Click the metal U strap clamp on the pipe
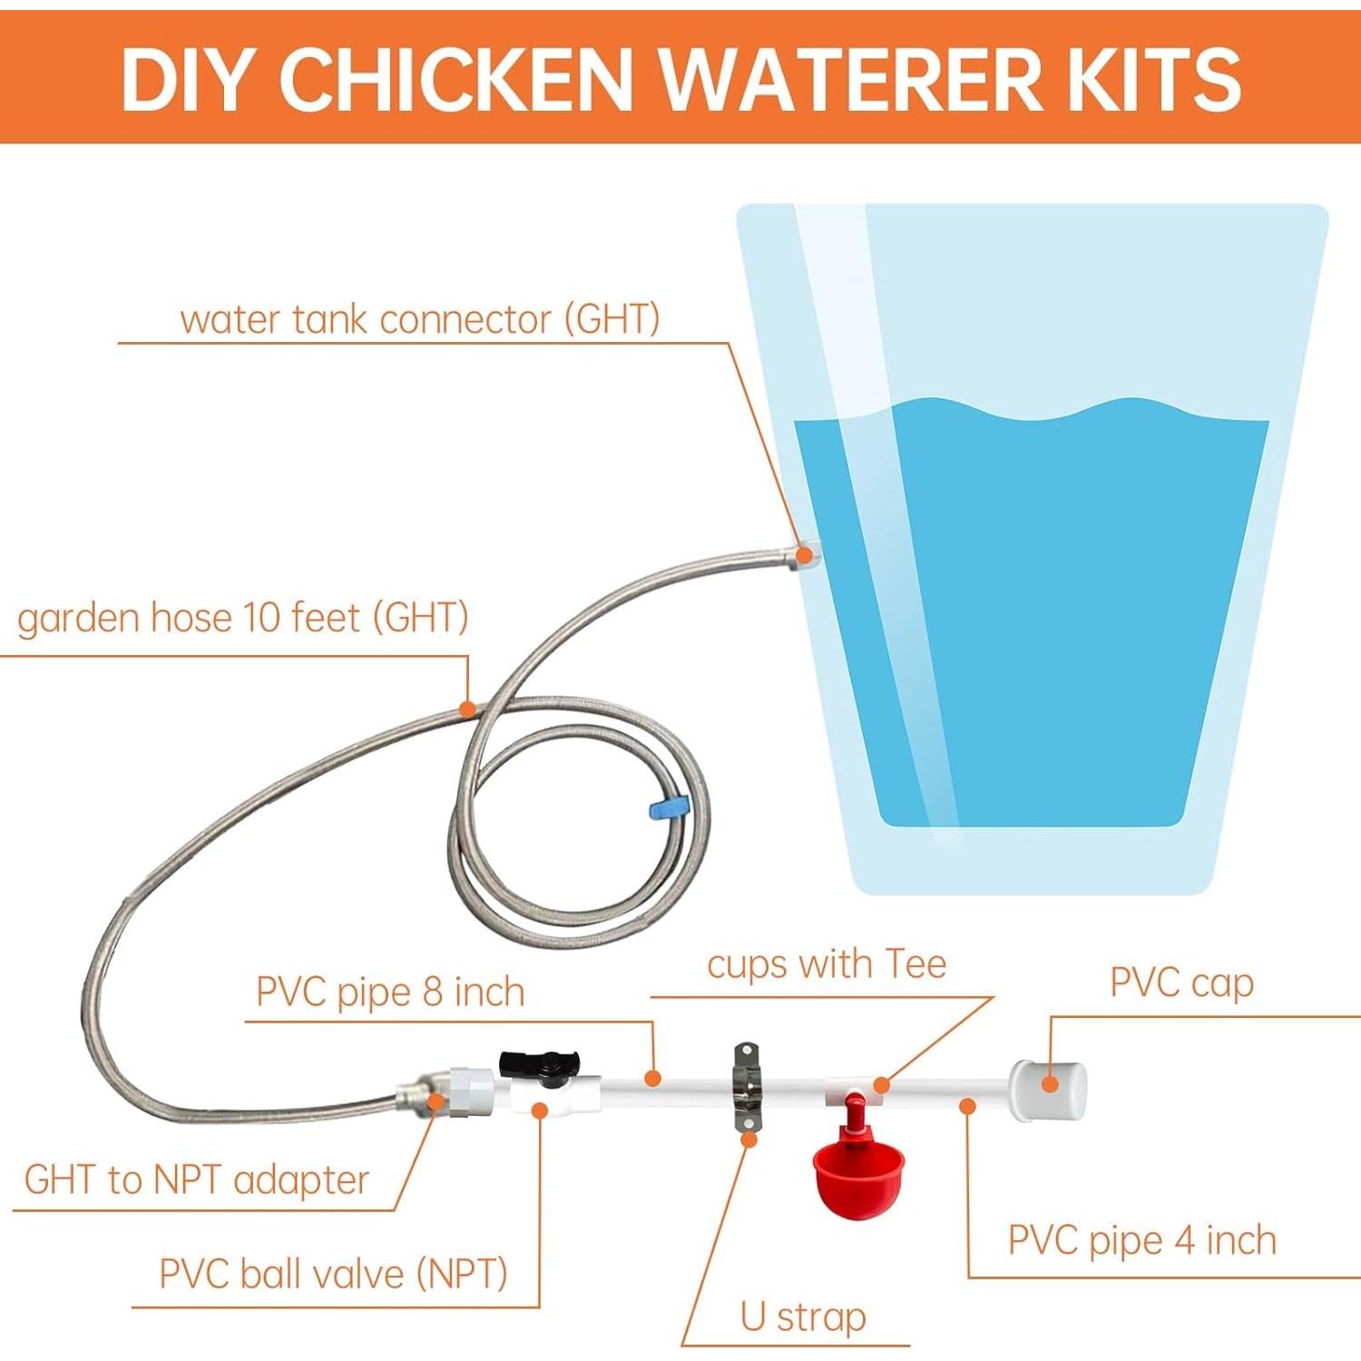(x=747, y=1086)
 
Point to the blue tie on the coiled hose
(x=670, y=807)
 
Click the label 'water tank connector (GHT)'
(x=419, y=319)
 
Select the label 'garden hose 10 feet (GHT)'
(x=242, y=618)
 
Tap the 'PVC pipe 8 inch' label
(x=390, y=992)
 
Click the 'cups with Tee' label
(x=826, y=964)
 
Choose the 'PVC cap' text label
(x=1181, y=983)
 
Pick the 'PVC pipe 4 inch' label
(x=1141, y=1240)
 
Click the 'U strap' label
(x=802, y=1317)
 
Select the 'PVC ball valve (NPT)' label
(x=333, y=1274)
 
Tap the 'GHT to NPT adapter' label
(x=196, y=1180)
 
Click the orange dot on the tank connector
(x=804, y=554)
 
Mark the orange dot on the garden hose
(x=467, y=709)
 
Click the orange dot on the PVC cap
(x=1050, y=1083)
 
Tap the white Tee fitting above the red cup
(x=853, y=1089)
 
